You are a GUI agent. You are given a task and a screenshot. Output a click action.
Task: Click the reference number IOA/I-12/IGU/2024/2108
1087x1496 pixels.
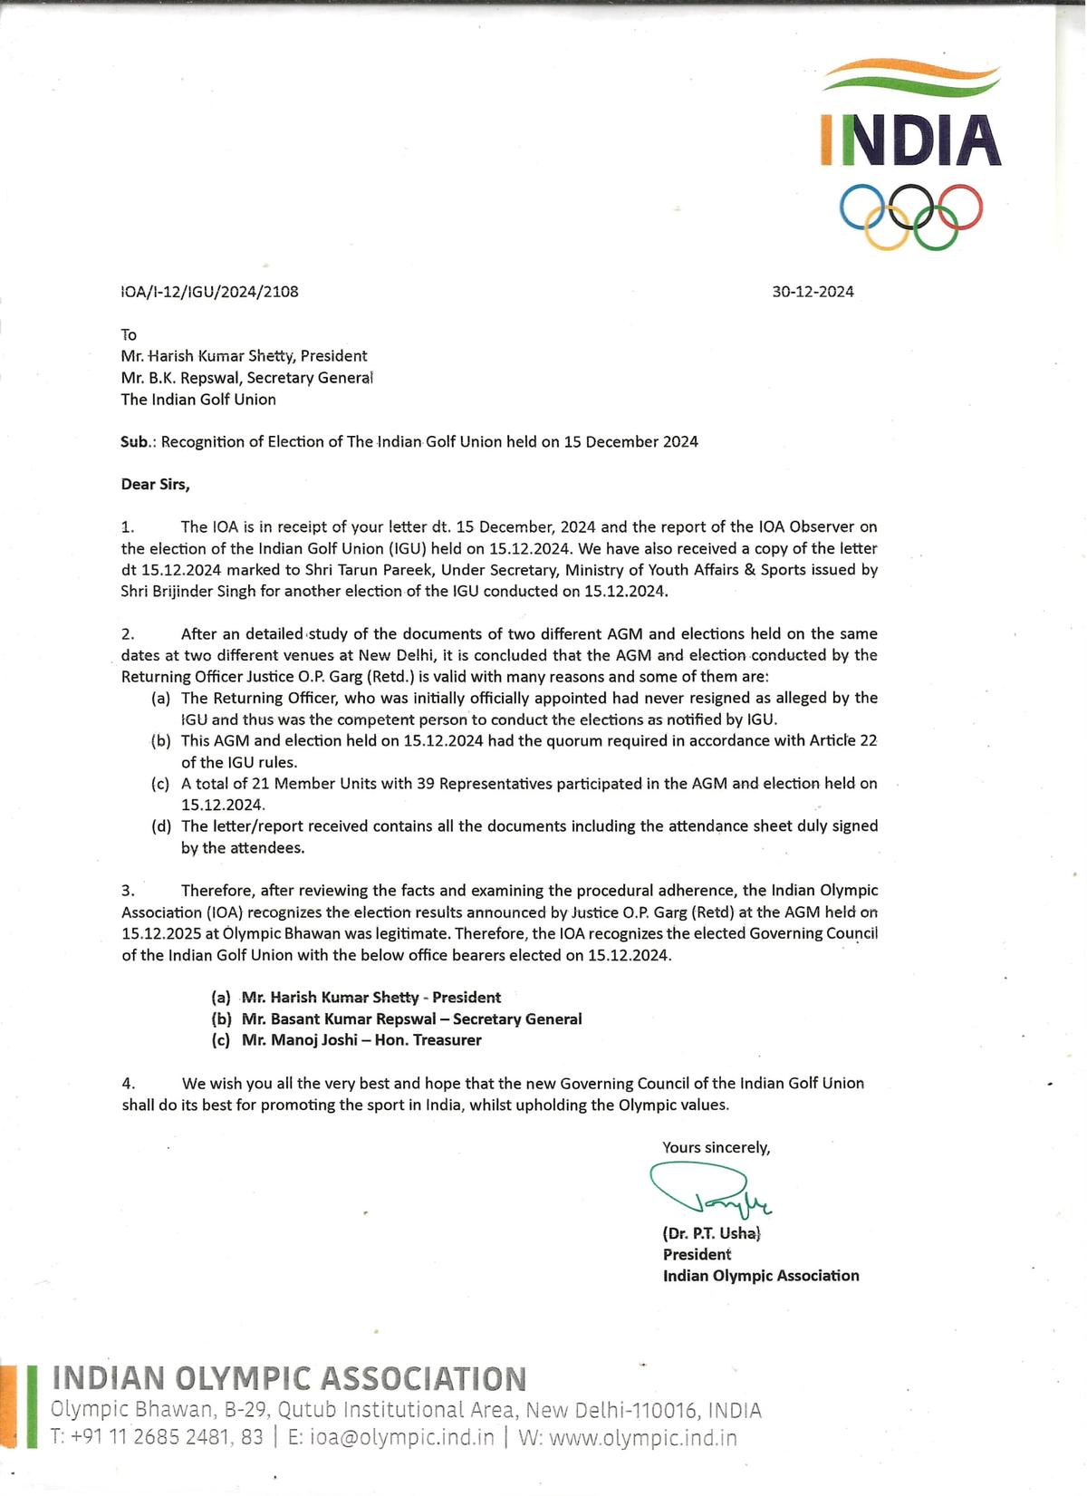point(209,292)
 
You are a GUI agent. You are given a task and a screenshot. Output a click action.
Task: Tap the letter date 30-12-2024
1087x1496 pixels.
point(813,292)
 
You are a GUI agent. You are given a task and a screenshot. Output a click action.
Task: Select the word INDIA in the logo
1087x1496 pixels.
point(910,140)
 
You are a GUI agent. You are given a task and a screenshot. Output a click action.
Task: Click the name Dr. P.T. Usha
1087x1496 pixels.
point(712,1233)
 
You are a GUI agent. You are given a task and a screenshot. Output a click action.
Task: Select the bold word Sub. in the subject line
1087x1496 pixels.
point(135,442)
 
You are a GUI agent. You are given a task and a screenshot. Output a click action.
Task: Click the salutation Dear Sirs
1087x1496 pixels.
point(155,485)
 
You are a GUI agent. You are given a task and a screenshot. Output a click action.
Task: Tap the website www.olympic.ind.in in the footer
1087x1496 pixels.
point(642,1438)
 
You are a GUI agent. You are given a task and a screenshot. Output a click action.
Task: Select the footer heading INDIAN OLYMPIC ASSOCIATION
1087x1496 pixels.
point(289,1379)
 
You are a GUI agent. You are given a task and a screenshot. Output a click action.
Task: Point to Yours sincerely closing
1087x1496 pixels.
point(716,1148)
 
